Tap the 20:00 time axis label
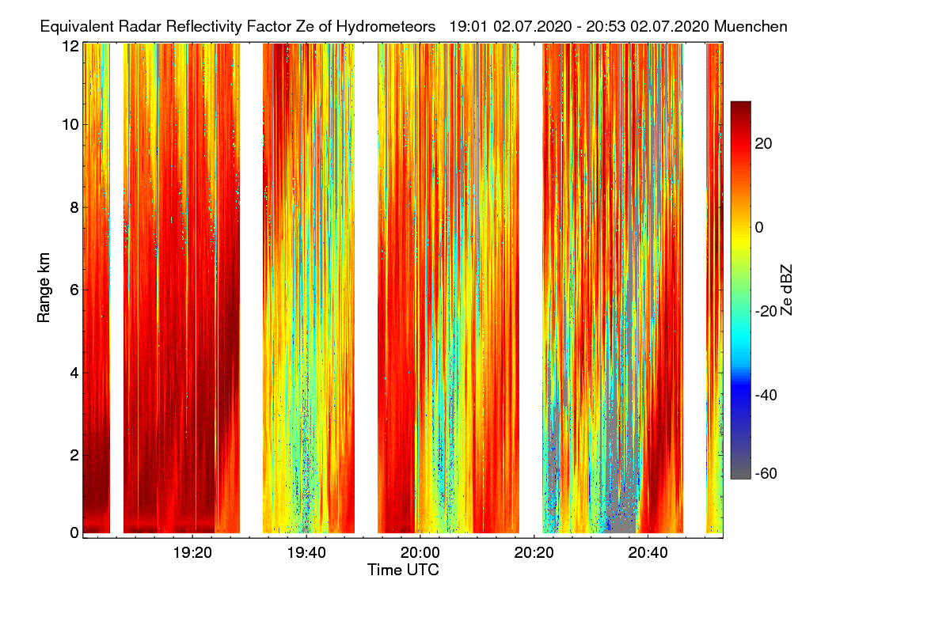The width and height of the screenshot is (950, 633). coord(420,552)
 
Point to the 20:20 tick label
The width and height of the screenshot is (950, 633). coord(534,552)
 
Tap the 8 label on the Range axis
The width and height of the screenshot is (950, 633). coord(74,207)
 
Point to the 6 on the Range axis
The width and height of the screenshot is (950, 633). coord(74,290)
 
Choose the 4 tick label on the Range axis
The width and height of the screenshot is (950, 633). coord(74,372)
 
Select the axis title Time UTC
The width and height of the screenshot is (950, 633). coord(403,570)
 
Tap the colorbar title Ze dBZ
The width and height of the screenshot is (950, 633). coord(786,290)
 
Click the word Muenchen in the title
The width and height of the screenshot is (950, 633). coord(750,26)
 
